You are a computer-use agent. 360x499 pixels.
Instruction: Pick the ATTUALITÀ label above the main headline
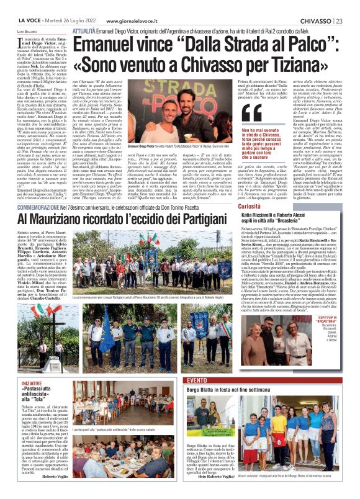(84, 30)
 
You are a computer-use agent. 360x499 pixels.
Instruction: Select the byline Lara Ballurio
(25, 30)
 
